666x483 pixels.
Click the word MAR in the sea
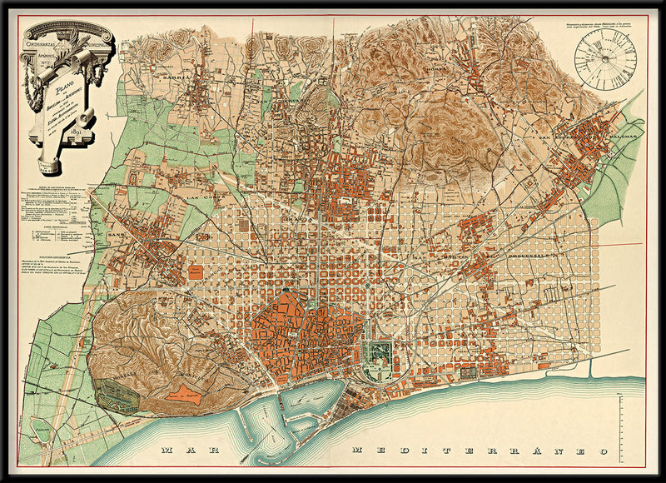click(188, 451)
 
